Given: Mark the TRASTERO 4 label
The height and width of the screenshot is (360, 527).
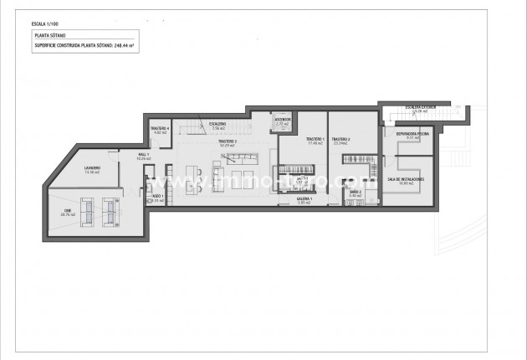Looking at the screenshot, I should pos(161,128).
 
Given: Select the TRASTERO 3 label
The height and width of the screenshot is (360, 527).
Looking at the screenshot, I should pos(228,141).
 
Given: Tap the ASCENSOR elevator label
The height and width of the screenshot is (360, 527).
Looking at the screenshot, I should pos(282,119).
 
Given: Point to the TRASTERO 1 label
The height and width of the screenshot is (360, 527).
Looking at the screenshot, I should pos(315,138).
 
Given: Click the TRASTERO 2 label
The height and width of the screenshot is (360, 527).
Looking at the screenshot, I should pos(340,138).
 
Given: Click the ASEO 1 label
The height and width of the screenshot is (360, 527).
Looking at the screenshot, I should pos(156,196).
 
